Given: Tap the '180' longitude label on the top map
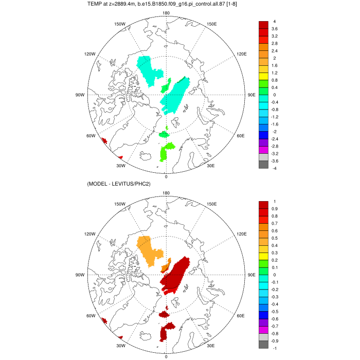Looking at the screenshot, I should [166, 13].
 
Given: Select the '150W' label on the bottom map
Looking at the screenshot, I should [120, 204].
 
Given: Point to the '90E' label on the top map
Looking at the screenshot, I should [251, 95].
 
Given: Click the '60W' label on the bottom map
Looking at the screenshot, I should [91, 316].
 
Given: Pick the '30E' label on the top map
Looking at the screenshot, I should [210, 166].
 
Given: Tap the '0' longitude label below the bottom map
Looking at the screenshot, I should [166, 356].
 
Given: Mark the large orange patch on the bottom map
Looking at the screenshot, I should [149, 249].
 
